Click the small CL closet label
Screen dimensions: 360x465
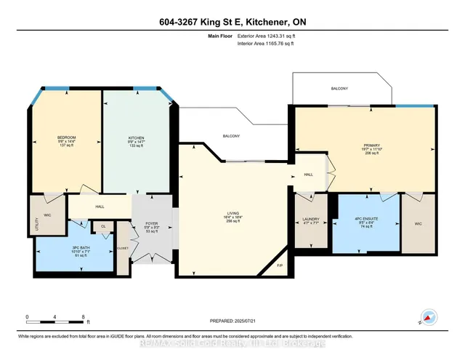point(104,226)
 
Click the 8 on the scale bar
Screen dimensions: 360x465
point(84,316)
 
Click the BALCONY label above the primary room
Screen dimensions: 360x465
point(339,89)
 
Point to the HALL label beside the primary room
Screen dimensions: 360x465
point(308,175)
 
